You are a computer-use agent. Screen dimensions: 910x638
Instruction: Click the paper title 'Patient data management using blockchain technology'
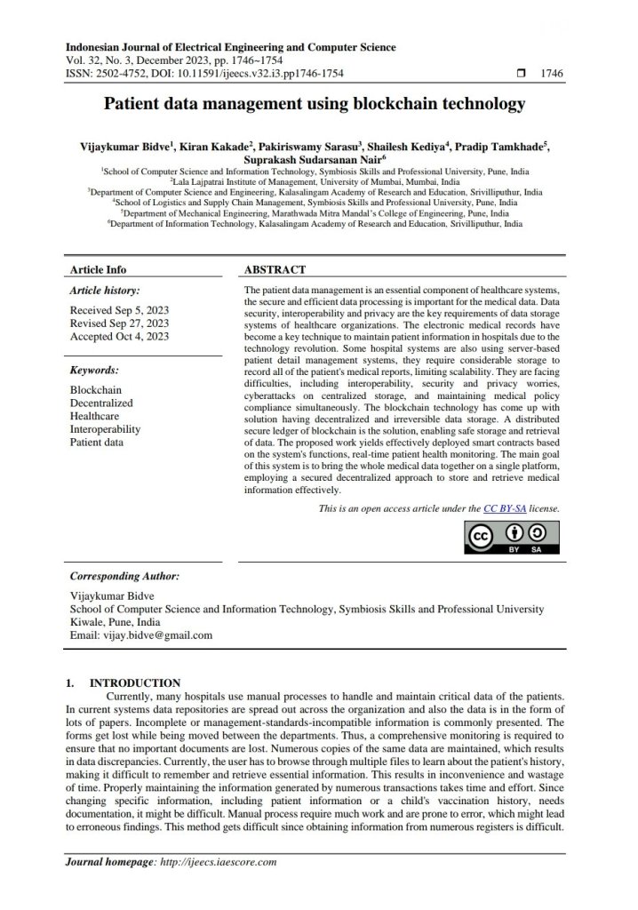click(x=315, y=105)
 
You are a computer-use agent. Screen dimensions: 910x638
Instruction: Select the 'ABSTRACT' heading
click(x=275, y=269)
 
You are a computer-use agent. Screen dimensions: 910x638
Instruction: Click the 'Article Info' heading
click(x=98, y=269)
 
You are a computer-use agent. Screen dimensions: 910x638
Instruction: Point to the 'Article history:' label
click(x=105, y=291)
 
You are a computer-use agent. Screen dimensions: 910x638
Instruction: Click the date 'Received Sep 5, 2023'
click(x=119, y=310)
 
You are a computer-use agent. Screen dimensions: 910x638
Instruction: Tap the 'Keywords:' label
click(x=94, y=370)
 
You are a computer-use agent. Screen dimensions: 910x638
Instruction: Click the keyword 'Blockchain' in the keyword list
click(x=96, y=389)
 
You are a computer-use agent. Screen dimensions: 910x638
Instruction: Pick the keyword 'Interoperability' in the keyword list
click(x=106, y=428)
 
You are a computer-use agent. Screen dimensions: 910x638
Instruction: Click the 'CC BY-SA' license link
click(x=505, y=508)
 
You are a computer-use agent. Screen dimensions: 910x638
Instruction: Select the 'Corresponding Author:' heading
click(x=124, y=576)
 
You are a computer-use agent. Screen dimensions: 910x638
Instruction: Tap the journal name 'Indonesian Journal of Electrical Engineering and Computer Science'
click(x=231, y=47)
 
